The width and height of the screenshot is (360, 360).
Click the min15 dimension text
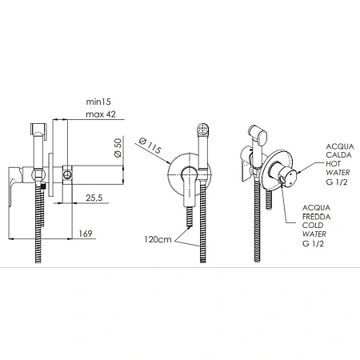point(98,102)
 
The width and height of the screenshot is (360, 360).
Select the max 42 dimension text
point(101,114)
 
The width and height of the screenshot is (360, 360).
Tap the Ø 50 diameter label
point(118,147)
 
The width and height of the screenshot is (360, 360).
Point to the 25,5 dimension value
point(94,198)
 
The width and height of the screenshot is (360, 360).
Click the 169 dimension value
point(86,234)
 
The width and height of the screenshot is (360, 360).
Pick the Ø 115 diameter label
point(150,146)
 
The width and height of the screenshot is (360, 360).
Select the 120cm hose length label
point(158,239)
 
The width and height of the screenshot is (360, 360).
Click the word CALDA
point(338,155)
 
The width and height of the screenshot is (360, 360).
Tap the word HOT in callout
point(333,164)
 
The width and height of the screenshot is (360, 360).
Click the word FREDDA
point(317,217)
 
